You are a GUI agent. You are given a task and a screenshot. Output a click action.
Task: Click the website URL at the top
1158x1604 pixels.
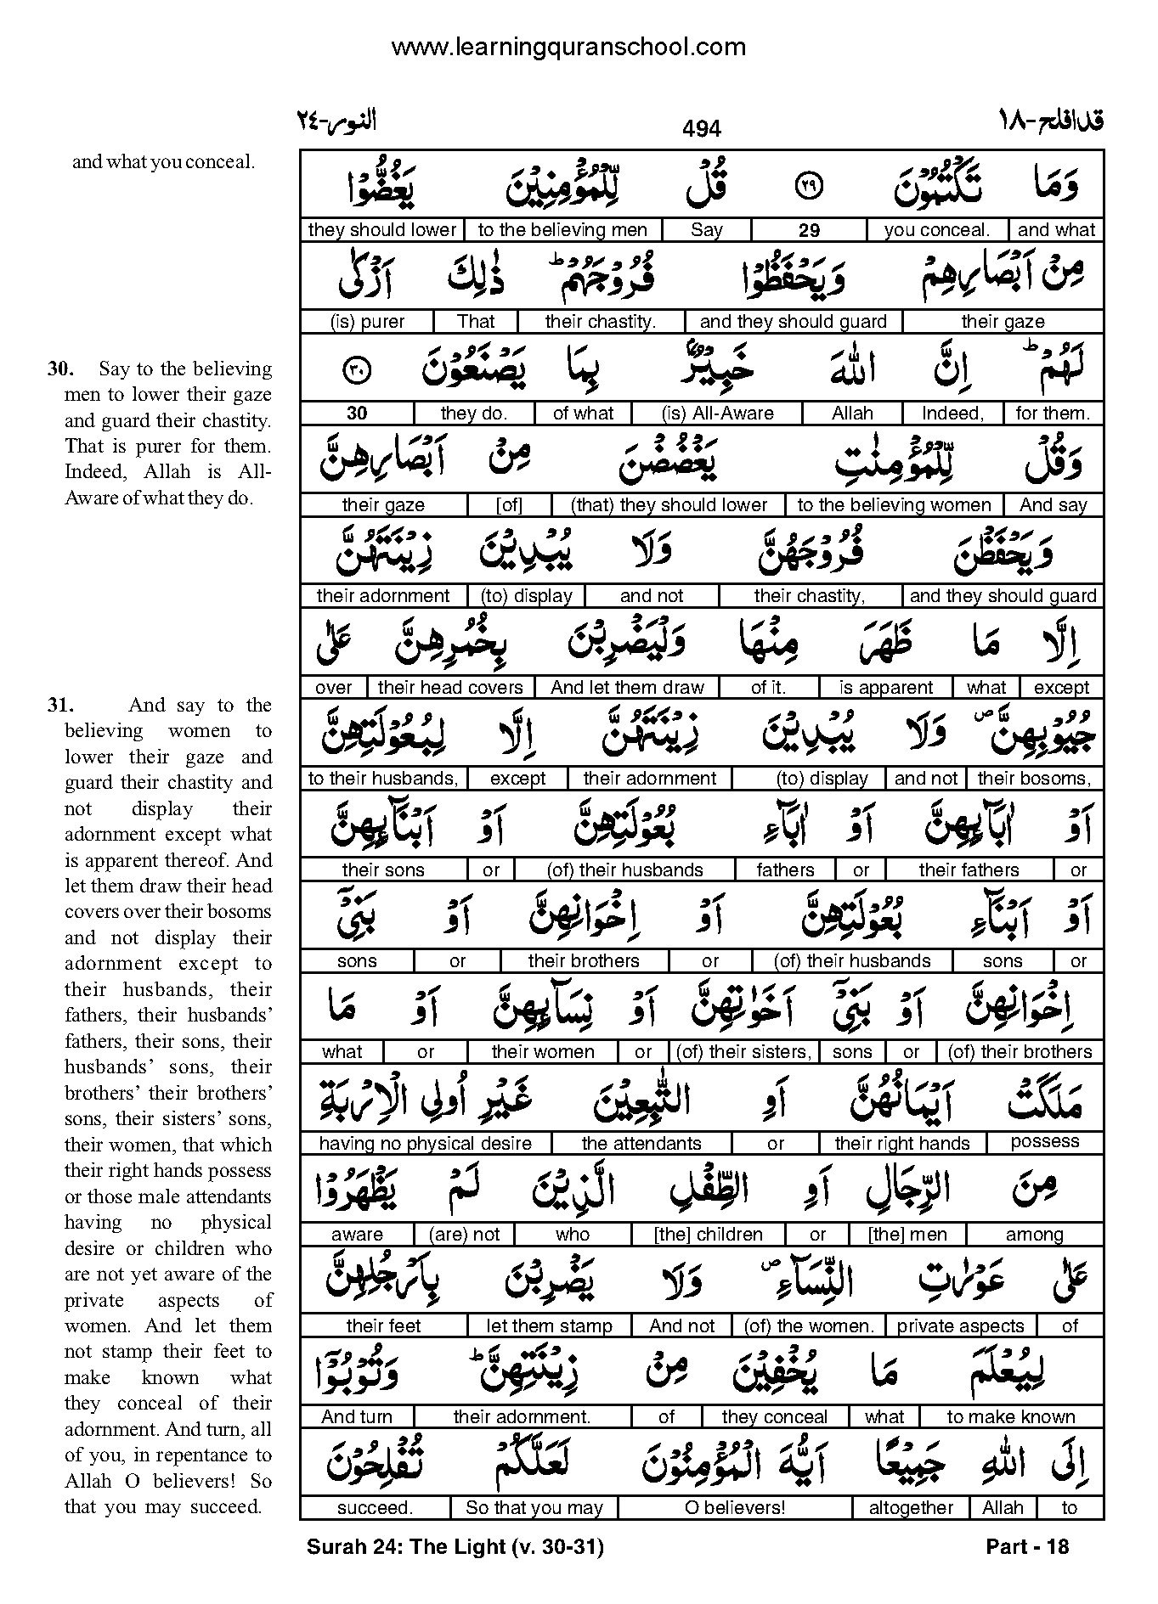pos(568,48)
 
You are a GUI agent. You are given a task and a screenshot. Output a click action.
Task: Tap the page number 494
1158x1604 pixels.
pos(701,128)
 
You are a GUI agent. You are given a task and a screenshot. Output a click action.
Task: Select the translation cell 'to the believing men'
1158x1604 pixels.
pos(562,230)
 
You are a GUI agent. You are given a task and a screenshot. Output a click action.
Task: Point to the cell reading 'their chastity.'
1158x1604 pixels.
pos(600,322)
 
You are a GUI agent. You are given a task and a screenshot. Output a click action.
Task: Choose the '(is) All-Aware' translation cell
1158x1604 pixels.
pos(718,414)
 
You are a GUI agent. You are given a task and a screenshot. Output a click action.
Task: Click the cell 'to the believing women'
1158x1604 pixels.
pos(894,505)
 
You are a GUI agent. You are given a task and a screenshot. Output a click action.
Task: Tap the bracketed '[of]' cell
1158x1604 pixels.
pos(509,505)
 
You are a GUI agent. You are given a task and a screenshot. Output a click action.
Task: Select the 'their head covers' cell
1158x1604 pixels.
pos(450,688)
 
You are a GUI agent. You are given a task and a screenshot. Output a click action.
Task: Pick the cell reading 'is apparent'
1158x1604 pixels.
pos(886,688)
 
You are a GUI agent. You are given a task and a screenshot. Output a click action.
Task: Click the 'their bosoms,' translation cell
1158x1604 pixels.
pos(1034,779)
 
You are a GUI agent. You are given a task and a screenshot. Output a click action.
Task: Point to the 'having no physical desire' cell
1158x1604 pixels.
pos(425,1144)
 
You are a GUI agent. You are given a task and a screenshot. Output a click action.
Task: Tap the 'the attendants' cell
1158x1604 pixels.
pos(641,1144)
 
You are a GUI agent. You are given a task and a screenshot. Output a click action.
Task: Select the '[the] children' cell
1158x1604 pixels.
pos(708,1235)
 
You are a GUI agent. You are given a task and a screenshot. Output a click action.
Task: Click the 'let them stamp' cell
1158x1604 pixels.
pos(549,1326)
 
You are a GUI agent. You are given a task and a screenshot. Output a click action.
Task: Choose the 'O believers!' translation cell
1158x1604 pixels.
pos(735,1508)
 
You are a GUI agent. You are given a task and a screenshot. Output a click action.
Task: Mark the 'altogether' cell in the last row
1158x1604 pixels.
pos(911,1508)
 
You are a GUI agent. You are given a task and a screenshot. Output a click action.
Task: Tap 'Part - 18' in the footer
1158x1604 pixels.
pos(1027,1547)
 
